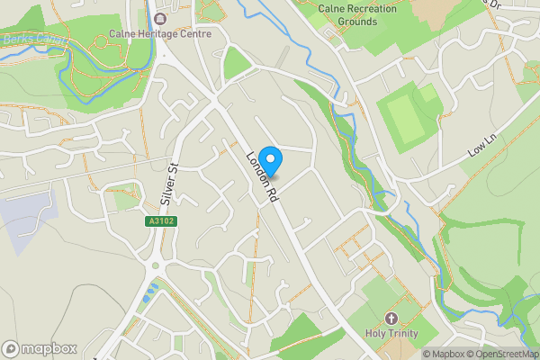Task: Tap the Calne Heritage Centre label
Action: (x=160, y=34)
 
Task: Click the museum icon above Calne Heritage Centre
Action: (x=160, y=18)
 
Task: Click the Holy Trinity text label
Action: (x=391, y=333)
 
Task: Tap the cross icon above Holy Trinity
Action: (x=391, y=319)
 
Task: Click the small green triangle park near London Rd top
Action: (x=235, y=64)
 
